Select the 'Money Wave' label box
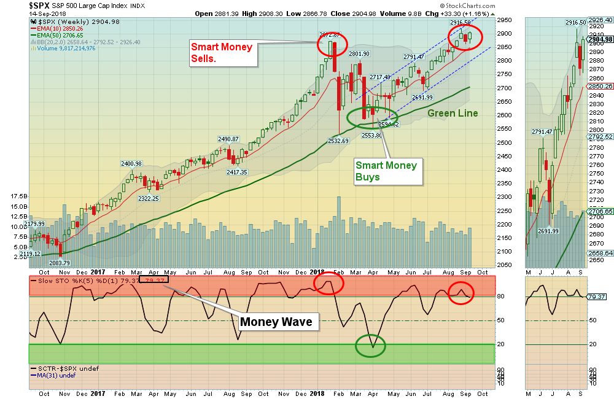(276, 322)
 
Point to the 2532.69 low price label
(339, 141)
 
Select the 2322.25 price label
(149, 198)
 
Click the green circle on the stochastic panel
(371, 346)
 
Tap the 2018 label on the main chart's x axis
(317, 271)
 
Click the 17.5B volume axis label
(19, 196)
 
